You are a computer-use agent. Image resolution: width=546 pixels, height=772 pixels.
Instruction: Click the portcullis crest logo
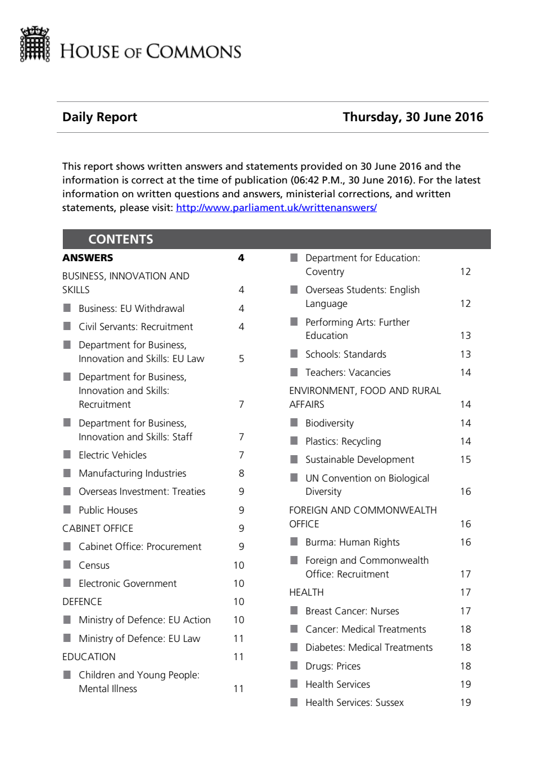[35, 44]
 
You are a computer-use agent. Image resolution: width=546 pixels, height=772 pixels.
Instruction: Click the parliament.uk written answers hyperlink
[276, 208]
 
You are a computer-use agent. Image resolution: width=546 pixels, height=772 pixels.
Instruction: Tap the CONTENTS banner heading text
[121, 239]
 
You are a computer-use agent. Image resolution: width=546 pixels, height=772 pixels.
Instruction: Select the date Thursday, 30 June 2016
[413, 117]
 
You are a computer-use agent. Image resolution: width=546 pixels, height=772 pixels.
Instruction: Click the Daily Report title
[100, 117]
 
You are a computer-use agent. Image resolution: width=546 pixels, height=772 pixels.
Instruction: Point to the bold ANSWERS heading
[88, 258]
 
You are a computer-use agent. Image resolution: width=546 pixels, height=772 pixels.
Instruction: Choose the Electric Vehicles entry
[112, 455]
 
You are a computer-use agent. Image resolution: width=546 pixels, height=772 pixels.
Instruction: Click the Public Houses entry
[108, 510]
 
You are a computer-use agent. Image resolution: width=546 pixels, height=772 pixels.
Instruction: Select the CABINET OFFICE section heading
[98, 528]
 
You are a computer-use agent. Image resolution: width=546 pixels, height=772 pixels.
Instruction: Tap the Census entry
[94, 565]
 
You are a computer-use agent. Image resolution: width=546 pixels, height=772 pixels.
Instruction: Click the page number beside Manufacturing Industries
[241, 473]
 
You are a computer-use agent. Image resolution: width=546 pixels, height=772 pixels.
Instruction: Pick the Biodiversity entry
[329, 423]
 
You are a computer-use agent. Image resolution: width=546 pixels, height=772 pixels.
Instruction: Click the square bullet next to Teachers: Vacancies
[294, 372]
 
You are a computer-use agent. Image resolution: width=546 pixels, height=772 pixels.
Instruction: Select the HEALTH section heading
[306, 592]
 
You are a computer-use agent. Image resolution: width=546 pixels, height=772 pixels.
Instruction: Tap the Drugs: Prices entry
[333, 666]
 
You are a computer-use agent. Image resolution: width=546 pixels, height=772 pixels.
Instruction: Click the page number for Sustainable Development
[466, 460]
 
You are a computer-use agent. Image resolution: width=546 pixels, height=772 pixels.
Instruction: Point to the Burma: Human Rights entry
[353, 542]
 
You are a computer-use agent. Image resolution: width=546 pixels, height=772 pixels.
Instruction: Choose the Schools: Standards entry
[345, 354]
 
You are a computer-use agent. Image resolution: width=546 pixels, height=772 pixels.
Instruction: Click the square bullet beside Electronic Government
[67, 583]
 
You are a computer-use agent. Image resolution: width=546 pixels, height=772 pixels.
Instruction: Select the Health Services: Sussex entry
[354, 703]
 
